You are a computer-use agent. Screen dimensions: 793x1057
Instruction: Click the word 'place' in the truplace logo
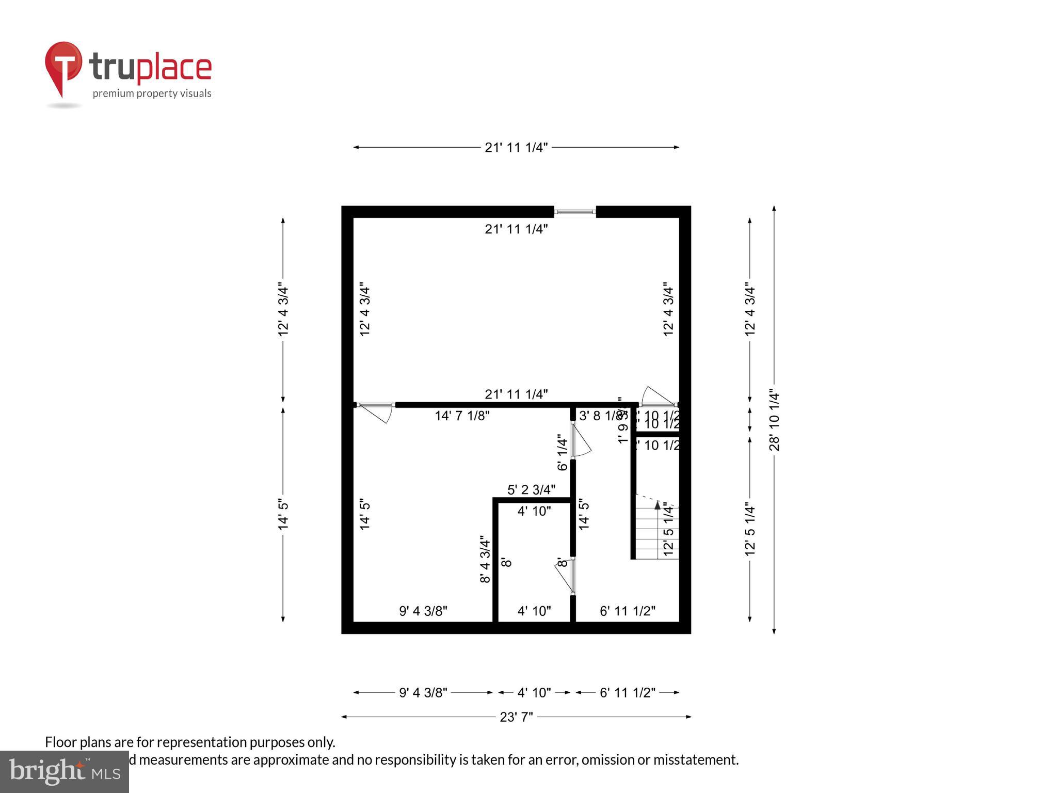[174, 68]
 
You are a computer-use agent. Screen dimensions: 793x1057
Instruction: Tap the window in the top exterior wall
[575, 212]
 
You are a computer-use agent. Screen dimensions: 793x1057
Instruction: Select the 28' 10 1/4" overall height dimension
[774, 420]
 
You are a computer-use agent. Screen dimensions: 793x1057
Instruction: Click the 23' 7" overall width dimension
[516, 717]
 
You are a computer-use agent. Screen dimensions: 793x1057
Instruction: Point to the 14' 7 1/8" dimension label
[462, 416]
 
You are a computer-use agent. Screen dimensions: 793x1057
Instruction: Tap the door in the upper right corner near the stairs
[657, 398]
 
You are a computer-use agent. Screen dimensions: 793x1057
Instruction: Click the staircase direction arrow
[658, 505]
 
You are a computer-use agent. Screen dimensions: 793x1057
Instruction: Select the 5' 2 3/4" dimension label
[531, 489]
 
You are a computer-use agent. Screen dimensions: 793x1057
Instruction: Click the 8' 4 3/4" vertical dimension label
[485, 560]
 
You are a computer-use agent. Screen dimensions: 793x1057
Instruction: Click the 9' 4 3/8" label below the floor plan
[423, 692]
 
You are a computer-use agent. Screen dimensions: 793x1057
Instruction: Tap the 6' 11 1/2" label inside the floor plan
[628, 611]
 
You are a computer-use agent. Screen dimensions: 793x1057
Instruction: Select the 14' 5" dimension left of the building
[283, 514]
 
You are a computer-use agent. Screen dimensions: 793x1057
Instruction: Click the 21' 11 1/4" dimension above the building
[516, 148]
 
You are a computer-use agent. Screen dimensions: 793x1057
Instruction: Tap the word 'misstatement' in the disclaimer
[696, 760]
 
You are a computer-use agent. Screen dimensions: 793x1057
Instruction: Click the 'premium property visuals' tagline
[152, 93]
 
